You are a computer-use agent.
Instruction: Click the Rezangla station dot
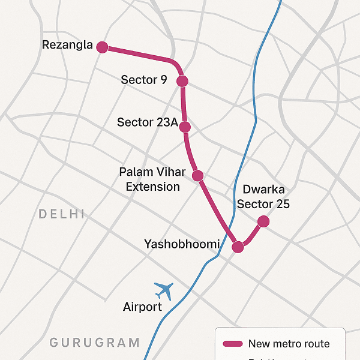(x=102, y=47)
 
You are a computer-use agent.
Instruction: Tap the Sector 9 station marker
(x=182, y=81)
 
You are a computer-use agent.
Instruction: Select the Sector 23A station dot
(x=185, y=127)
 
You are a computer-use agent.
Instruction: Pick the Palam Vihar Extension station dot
(x=197, y=175)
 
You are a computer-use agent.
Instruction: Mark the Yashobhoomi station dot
(x=238, y=247)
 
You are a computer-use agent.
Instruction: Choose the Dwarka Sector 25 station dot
(x=263, y=221)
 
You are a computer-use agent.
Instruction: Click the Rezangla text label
(x=68, y=45)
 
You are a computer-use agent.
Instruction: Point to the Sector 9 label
(x=144, y=79)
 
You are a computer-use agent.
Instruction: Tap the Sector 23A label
(x=148, y=122)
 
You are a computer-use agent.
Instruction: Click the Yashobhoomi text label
(x=182, y=244)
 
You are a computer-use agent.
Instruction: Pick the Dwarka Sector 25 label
(x=263, y=197)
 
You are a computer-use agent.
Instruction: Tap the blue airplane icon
(x=163, y=291)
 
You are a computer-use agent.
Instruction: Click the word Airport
(x=142, y=307)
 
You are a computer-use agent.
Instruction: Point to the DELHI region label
(x=62, y=214)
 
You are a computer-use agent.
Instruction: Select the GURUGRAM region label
(x=95, y=343)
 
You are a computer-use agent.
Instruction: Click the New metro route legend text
(x=289, y=344)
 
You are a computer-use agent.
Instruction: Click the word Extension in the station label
(x=153, y=187)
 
